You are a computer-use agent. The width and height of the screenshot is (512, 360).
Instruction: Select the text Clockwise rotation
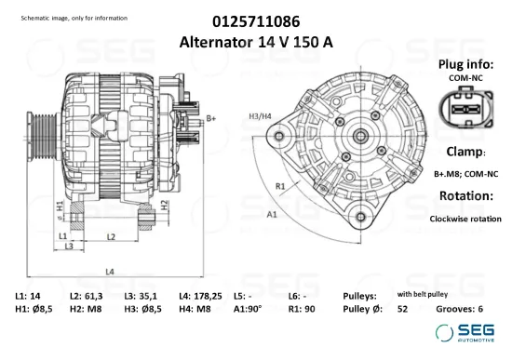click(x=465, y=220)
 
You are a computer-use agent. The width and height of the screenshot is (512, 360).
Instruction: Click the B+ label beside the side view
click(x=211, y=118)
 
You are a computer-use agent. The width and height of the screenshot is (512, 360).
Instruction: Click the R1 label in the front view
click(x=279, y=186)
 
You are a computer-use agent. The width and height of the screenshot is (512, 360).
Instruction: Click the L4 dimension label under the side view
click(x=109, y=271)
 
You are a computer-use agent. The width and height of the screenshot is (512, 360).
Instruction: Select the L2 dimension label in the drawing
click(x=110, y=237)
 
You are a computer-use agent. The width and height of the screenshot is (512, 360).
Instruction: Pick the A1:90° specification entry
click(x=248, y=309)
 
